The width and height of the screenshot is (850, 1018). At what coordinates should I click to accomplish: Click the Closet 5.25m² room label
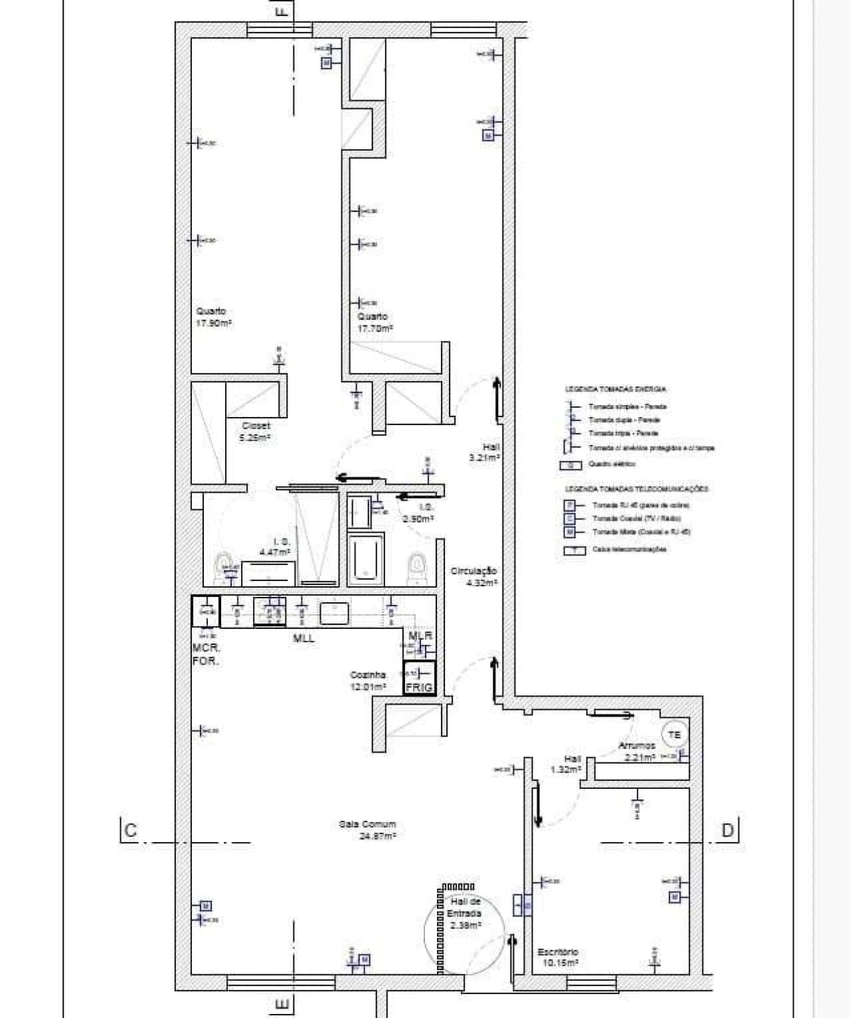(x=256, y=432)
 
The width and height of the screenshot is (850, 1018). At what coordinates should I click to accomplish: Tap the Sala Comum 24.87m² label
(x=367, y=830)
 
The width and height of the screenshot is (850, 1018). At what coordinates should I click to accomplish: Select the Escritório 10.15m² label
(x=557, y=957)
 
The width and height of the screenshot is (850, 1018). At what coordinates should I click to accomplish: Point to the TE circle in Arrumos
(x=675, y=734)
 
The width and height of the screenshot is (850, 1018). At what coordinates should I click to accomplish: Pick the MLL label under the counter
(x=304, y=639)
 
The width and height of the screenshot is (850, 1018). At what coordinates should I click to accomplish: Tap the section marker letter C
(x=130, y=830)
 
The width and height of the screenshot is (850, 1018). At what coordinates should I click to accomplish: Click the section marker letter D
(x=728, y=830)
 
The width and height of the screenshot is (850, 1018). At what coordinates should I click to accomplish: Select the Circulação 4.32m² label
(x=473, y=576)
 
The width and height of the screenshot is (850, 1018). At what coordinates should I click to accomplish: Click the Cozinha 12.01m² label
(x=369, y=681)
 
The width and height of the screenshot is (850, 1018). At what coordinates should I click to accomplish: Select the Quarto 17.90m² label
(x=213, y=317)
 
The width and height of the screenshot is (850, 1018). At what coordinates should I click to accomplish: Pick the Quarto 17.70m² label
(x=374, y=322)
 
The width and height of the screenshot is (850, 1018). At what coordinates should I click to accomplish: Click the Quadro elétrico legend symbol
(x=570, y=465)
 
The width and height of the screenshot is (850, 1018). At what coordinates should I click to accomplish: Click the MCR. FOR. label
(x=206, y=655)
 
